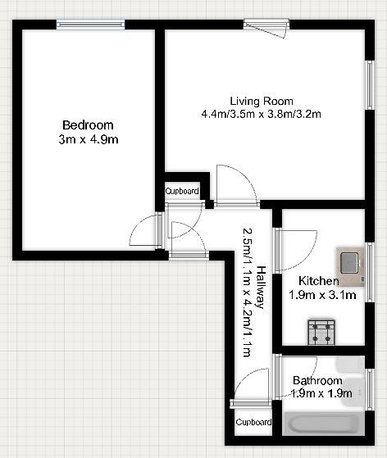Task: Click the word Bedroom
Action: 88,125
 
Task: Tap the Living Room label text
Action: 261,101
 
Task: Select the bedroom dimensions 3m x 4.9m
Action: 88,140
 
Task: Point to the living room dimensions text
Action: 261,115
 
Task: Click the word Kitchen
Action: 318,281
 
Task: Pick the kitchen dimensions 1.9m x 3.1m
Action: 322,295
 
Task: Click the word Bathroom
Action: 317,381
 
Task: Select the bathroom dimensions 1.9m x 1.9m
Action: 321,394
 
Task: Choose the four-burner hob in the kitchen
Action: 321,331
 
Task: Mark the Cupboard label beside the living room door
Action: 182,191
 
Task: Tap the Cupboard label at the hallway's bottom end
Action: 253,423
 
